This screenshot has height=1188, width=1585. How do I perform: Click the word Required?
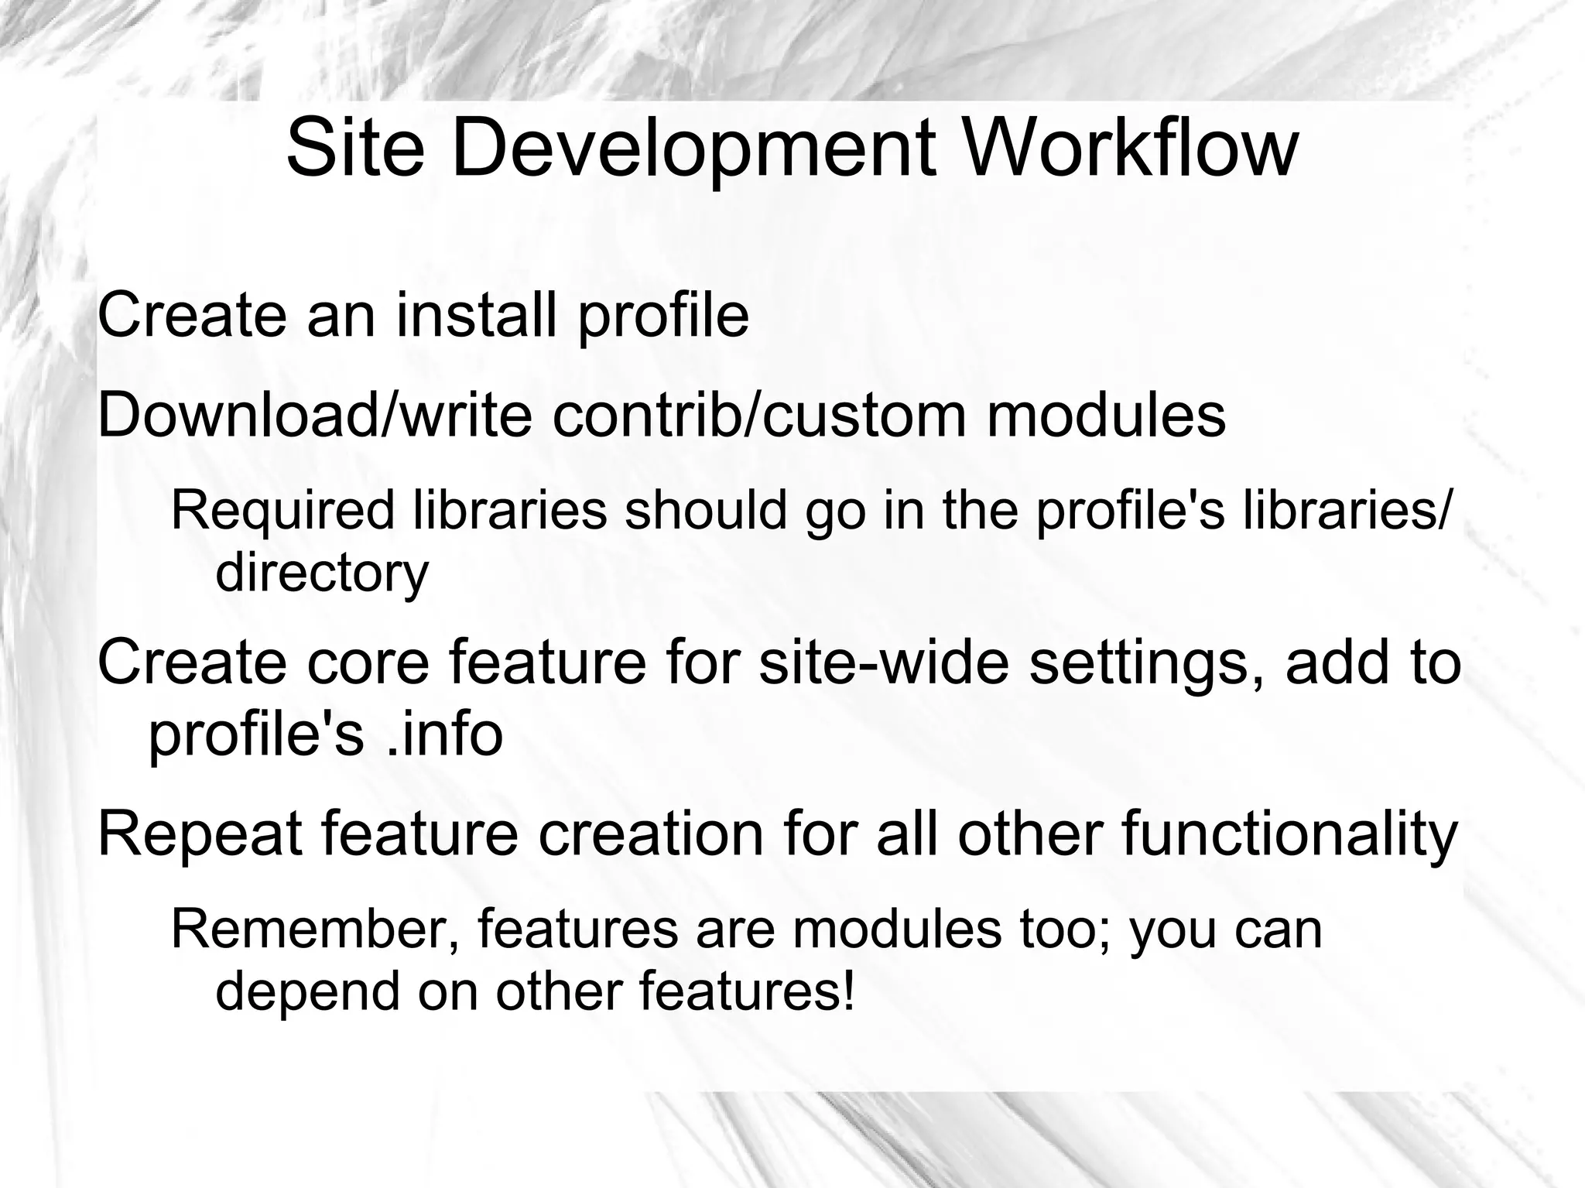click(282, 510)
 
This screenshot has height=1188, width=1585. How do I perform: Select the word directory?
click(322, 573)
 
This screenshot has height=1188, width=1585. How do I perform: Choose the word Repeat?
click(200, 835)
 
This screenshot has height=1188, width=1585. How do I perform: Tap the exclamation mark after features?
click(848, 991)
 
